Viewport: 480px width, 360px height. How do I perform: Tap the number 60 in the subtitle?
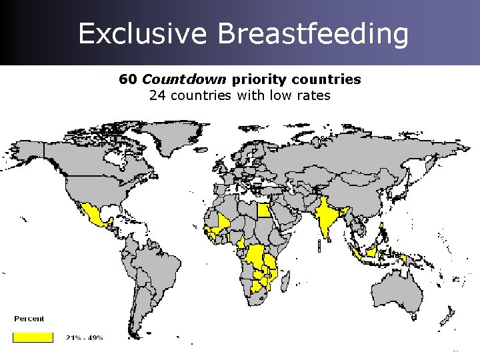click(127, 79)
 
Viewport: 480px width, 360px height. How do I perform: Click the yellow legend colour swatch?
click(33, 337)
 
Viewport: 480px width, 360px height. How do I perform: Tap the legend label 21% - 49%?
click(85, 338)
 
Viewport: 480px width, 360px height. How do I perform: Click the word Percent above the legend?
click(29, 319)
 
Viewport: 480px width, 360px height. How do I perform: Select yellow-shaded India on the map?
click(327, 217)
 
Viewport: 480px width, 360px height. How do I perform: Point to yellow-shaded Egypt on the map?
click(265, 211)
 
